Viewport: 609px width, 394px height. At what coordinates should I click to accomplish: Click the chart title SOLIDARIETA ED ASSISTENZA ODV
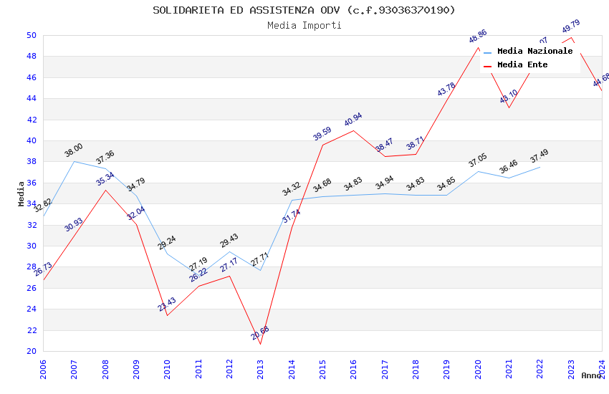(304, 10)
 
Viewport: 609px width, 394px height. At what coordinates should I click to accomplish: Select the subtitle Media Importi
(304, 26)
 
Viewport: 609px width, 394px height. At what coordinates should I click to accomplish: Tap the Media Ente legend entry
(522, 65)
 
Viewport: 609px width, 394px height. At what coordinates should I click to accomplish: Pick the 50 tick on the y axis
(32, 35)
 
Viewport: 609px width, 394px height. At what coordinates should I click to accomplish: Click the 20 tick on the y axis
(32, 351)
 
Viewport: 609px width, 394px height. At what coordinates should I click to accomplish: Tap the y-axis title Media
(21, 193)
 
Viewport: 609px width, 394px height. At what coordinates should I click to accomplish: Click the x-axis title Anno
(591, 375)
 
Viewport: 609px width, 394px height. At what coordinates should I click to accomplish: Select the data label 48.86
(478, 37)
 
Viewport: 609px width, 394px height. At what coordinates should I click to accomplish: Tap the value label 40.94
(353, 120)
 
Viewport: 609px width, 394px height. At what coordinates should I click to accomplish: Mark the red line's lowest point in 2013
(260, 344)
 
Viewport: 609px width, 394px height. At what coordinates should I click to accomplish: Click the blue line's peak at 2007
(74, 161)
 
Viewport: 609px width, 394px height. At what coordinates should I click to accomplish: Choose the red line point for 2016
(353, 130)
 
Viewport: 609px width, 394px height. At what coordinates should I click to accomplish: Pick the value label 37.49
(540, 156)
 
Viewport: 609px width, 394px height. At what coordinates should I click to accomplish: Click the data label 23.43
(167, 304)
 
